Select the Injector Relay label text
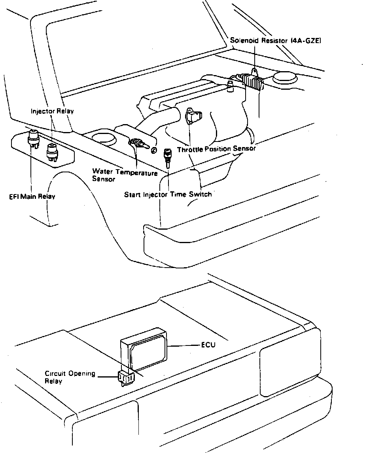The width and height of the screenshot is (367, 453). [52, 111]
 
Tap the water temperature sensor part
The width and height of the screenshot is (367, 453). [139, 143]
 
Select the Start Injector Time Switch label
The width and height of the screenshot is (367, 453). [168, 194]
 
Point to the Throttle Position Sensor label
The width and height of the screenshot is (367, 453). [216, 149]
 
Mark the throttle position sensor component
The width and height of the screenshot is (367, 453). [193, 115]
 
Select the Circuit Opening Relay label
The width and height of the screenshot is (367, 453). [70, 377]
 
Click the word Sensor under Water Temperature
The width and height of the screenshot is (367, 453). [103, 179]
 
